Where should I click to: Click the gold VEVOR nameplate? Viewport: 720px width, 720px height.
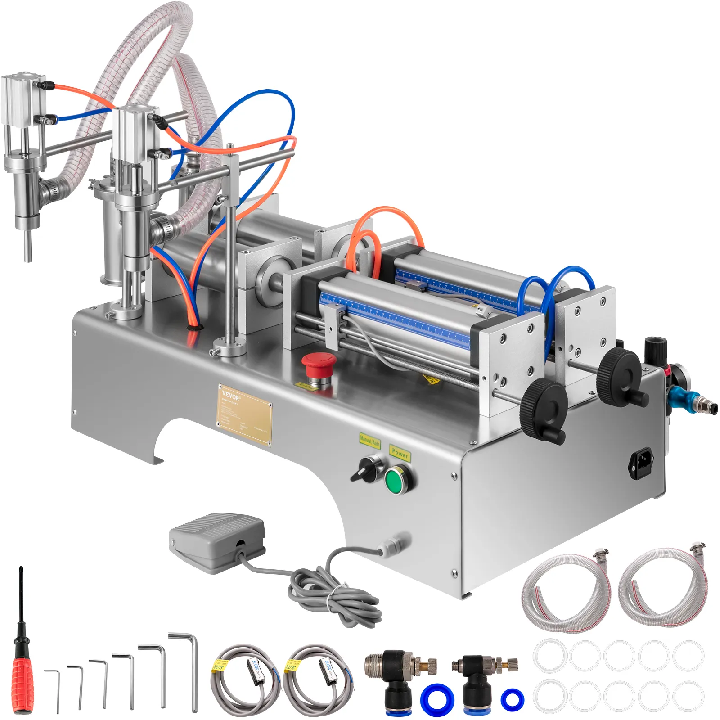244,414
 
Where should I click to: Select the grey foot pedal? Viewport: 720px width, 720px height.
217,541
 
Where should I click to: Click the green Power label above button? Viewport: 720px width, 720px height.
400,452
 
